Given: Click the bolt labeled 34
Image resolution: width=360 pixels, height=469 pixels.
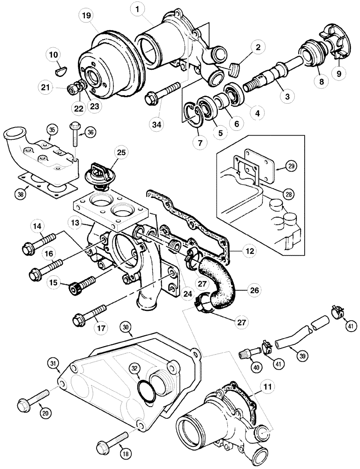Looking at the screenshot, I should pyautogui.click(x=164, y=92).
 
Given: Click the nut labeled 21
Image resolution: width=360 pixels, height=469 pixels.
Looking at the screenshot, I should pyautogui.click(x=73, y=88).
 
